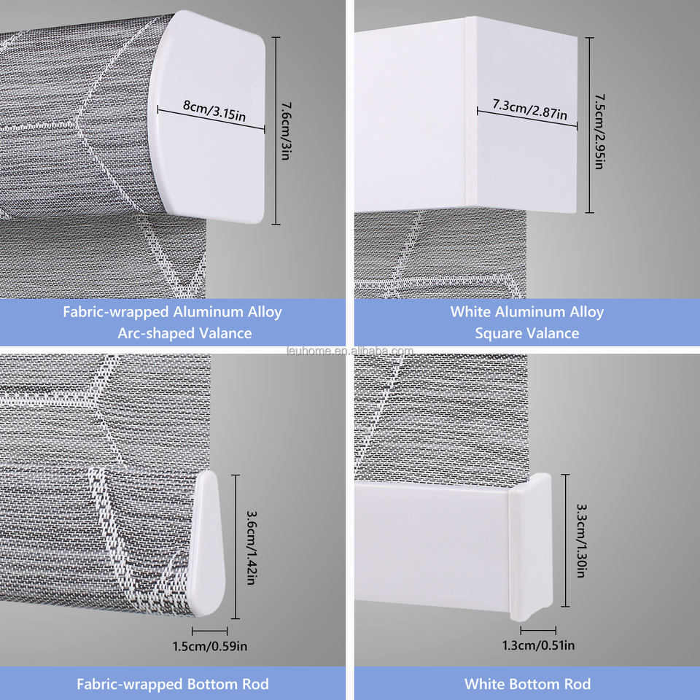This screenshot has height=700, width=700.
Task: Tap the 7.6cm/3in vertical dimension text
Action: click(284, 131)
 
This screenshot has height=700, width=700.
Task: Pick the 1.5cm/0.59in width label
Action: click(209, 645)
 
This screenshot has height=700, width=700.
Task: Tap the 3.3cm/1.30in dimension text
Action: click(580, 540)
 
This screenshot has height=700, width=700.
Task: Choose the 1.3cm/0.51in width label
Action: click(539, 645)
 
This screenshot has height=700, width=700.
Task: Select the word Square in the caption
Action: click(503, 333)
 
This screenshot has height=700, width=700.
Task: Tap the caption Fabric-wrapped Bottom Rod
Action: click(173, 684)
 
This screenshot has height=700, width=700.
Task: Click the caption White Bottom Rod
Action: click(527, 684)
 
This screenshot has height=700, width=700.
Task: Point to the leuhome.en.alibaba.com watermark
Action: click(350, 351)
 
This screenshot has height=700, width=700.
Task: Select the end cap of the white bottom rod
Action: click(530, 547)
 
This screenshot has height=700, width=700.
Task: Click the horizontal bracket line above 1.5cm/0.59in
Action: click(209, 631)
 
